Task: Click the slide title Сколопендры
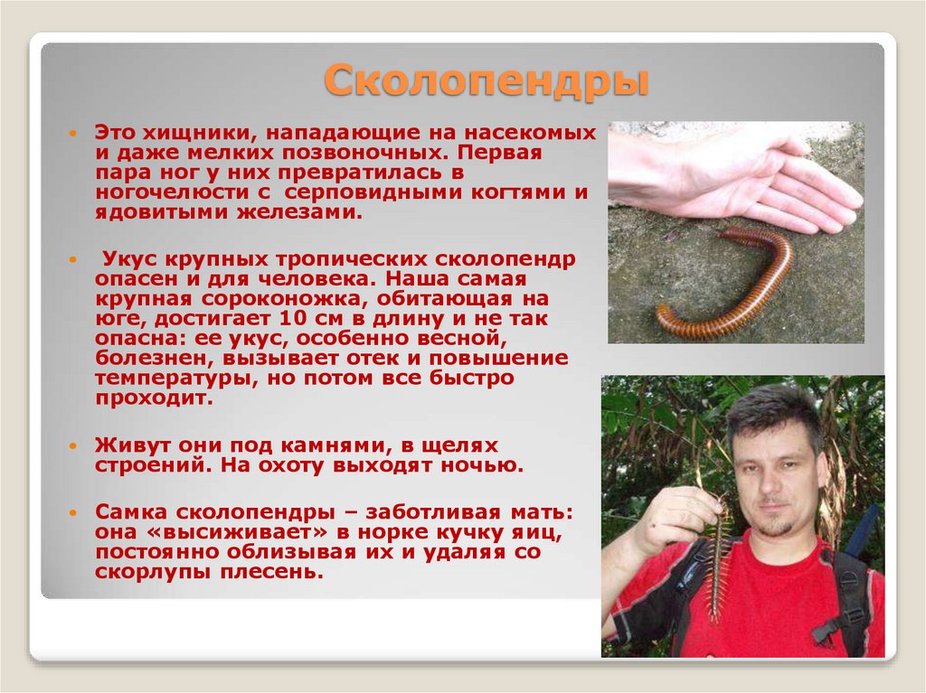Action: (x=487, y=81)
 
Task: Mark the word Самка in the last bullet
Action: (x=132, y=512)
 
